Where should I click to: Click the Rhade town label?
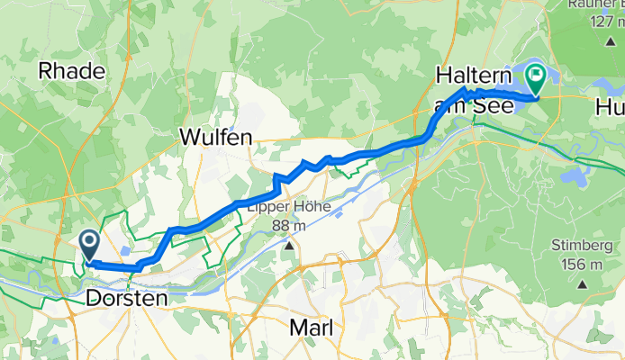73,71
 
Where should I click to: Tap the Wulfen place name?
215,138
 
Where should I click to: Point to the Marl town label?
311,328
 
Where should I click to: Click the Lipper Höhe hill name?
289,207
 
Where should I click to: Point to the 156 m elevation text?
582,264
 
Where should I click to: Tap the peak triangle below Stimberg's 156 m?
582,283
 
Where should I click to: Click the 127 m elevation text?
596,21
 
